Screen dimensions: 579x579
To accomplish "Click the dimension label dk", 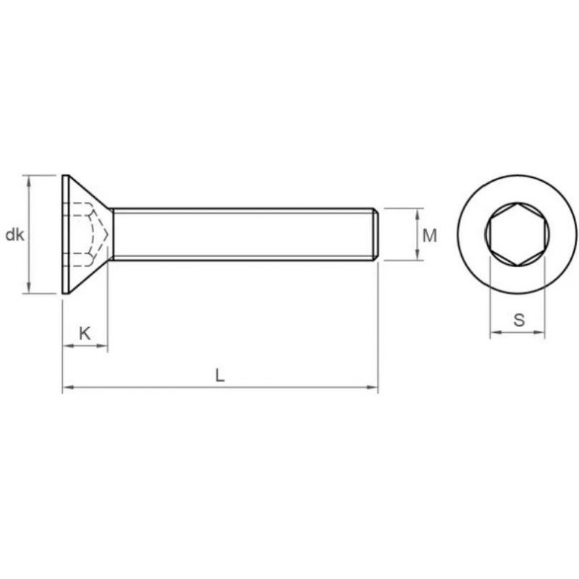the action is pyautogui.click(x=14, y=234).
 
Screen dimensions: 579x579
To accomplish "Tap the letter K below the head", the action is pyautogui.click(x=85, y=334).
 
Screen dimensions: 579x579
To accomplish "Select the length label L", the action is pyautogui.click(x=220, y=375).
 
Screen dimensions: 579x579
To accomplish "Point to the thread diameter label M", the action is pyautogui.click(x=429, y=236).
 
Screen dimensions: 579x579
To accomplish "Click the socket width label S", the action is pyautogui.click(x=519, y=320).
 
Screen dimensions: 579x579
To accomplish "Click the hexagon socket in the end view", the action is pyautogui.click(x=517, y=234).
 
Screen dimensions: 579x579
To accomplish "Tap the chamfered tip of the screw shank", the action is pyautogui.click(x=375, y=234).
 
